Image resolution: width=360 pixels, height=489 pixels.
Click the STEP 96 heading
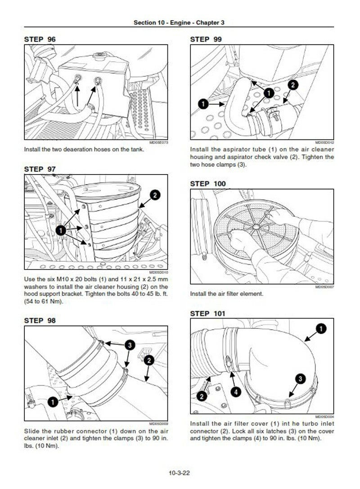pyautogui.click(x=40, y=40)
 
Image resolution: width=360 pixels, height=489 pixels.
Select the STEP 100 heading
pyautogui.click(x=208, y=184)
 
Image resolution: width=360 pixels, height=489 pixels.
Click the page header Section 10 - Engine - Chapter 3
pyautogui.click(x=179, y=23)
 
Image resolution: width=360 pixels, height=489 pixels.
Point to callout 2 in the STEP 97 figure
pyautogui.click(x=154, y=195)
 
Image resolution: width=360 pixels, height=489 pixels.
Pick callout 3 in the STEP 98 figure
pyautogui.click(x=129, y=345)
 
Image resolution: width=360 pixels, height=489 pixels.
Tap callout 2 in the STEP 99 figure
pyautogui.click(x=292, y=85)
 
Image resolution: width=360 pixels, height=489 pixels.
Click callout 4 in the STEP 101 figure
pyautogui.click(x=236, y=391)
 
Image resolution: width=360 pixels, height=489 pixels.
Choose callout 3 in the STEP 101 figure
pyautogui.click(x=301, y=378)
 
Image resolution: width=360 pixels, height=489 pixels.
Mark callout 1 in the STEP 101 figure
pyautogui.click(x=321, y=329)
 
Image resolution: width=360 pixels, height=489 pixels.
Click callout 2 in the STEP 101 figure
pyautogui.click(x=202, y=396)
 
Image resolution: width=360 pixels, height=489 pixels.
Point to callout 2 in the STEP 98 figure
pyautogui.click(x=149, y=360)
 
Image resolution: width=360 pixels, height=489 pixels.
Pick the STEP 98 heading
pyautogui.click(x=40, y=321)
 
